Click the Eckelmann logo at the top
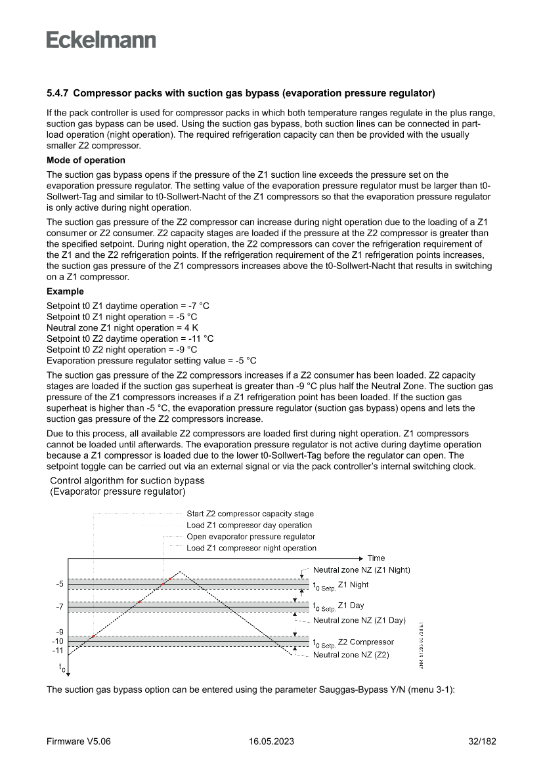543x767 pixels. coord(101,39)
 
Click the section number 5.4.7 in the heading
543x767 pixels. coord(58,93)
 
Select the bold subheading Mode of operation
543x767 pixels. coord(85,160)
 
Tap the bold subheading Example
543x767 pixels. coord(65,291)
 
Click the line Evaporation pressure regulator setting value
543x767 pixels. coord(151,360)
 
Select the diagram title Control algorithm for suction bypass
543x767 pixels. coord(127,480)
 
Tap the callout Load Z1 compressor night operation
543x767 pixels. coord(251,548)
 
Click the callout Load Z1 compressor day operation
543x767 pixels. coord(250,525)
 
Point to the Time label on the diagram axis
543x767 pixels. coord(376,558)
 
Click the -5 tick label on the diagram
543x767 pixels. coord(59,583)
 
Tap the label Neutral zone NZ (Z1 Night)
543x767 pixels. coord(361,570)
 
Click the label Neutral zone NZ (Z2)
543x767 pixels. coord(351,655)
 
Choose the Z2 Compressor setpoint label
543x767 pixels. coord(353,642)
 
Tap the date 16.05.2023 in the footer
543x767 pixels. coord(271,741)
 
